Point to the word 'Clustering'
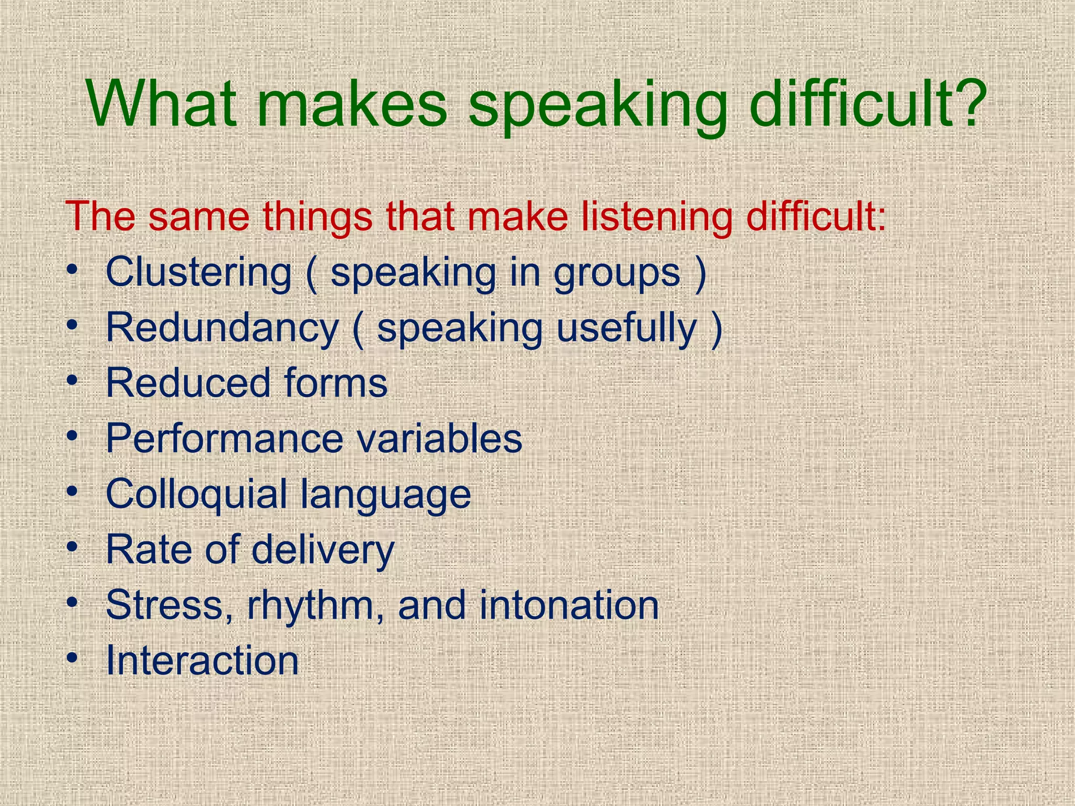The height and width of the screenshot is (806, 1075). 198,273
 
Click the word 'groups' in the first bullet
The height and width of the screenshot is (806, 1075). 617,275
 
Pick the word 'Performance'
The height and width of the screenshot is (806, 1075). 224,438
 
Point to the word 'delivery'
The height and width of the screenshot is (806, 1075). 323,550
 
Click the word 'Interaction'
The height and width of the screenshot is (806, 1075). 202,660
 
